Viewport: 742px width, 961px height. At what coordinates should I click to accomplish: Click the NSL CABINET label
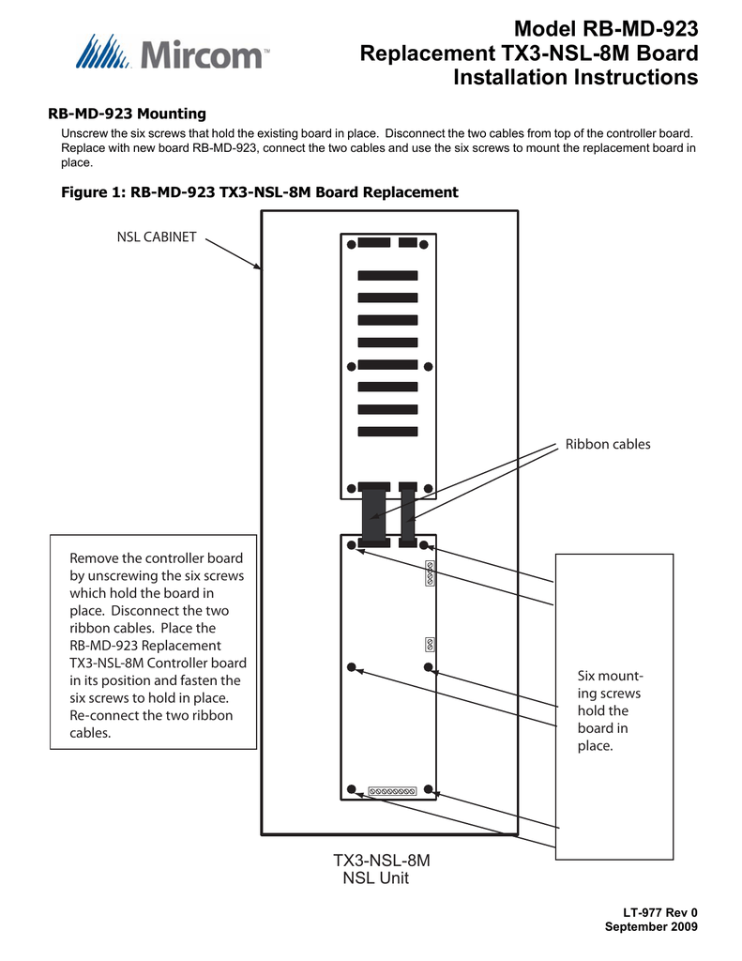click(156, 236)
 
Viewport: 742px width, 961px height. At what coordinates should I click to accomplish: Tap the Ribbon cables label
click(607, 444)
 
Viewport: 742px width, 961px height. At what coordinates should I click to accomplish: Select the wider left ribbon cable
click(372, 515)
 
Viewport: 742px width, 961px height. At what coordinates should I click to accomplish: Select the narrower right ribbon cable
click(407, 515)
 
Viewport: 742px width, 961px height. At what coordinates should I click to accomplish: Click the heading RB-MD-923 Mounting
click(127, 114)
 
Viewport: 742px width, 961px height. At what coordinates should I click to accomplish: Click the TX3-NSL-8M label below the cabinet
click(382, 861)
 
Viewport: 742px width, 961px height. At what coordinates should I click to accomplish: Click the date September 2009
click(651, 927)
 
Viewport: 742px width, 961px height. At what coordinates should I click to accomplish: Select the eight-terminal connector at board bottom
click(392, 791)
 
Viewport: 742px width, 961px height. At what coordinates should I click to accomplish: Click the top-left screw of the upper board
click(351, 244)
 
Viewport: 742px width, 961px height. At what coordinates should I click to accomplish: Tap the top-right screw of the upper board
click(428, 244)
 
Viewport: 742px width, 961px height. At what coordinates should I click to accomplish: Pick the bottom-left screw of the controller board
click(351, 789)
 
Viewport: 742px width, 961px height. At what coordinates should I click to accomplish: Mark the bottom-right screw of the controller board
click(428, 789)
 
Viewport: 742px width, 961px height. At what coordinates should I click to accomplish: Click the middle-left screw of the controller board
click(351, 667)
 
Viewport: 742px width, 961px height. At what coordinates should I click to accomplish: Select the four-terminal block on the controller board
click(429, 572)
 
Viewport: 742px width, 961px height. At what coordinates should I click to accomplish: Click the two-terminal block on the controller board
click(429, 644)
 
